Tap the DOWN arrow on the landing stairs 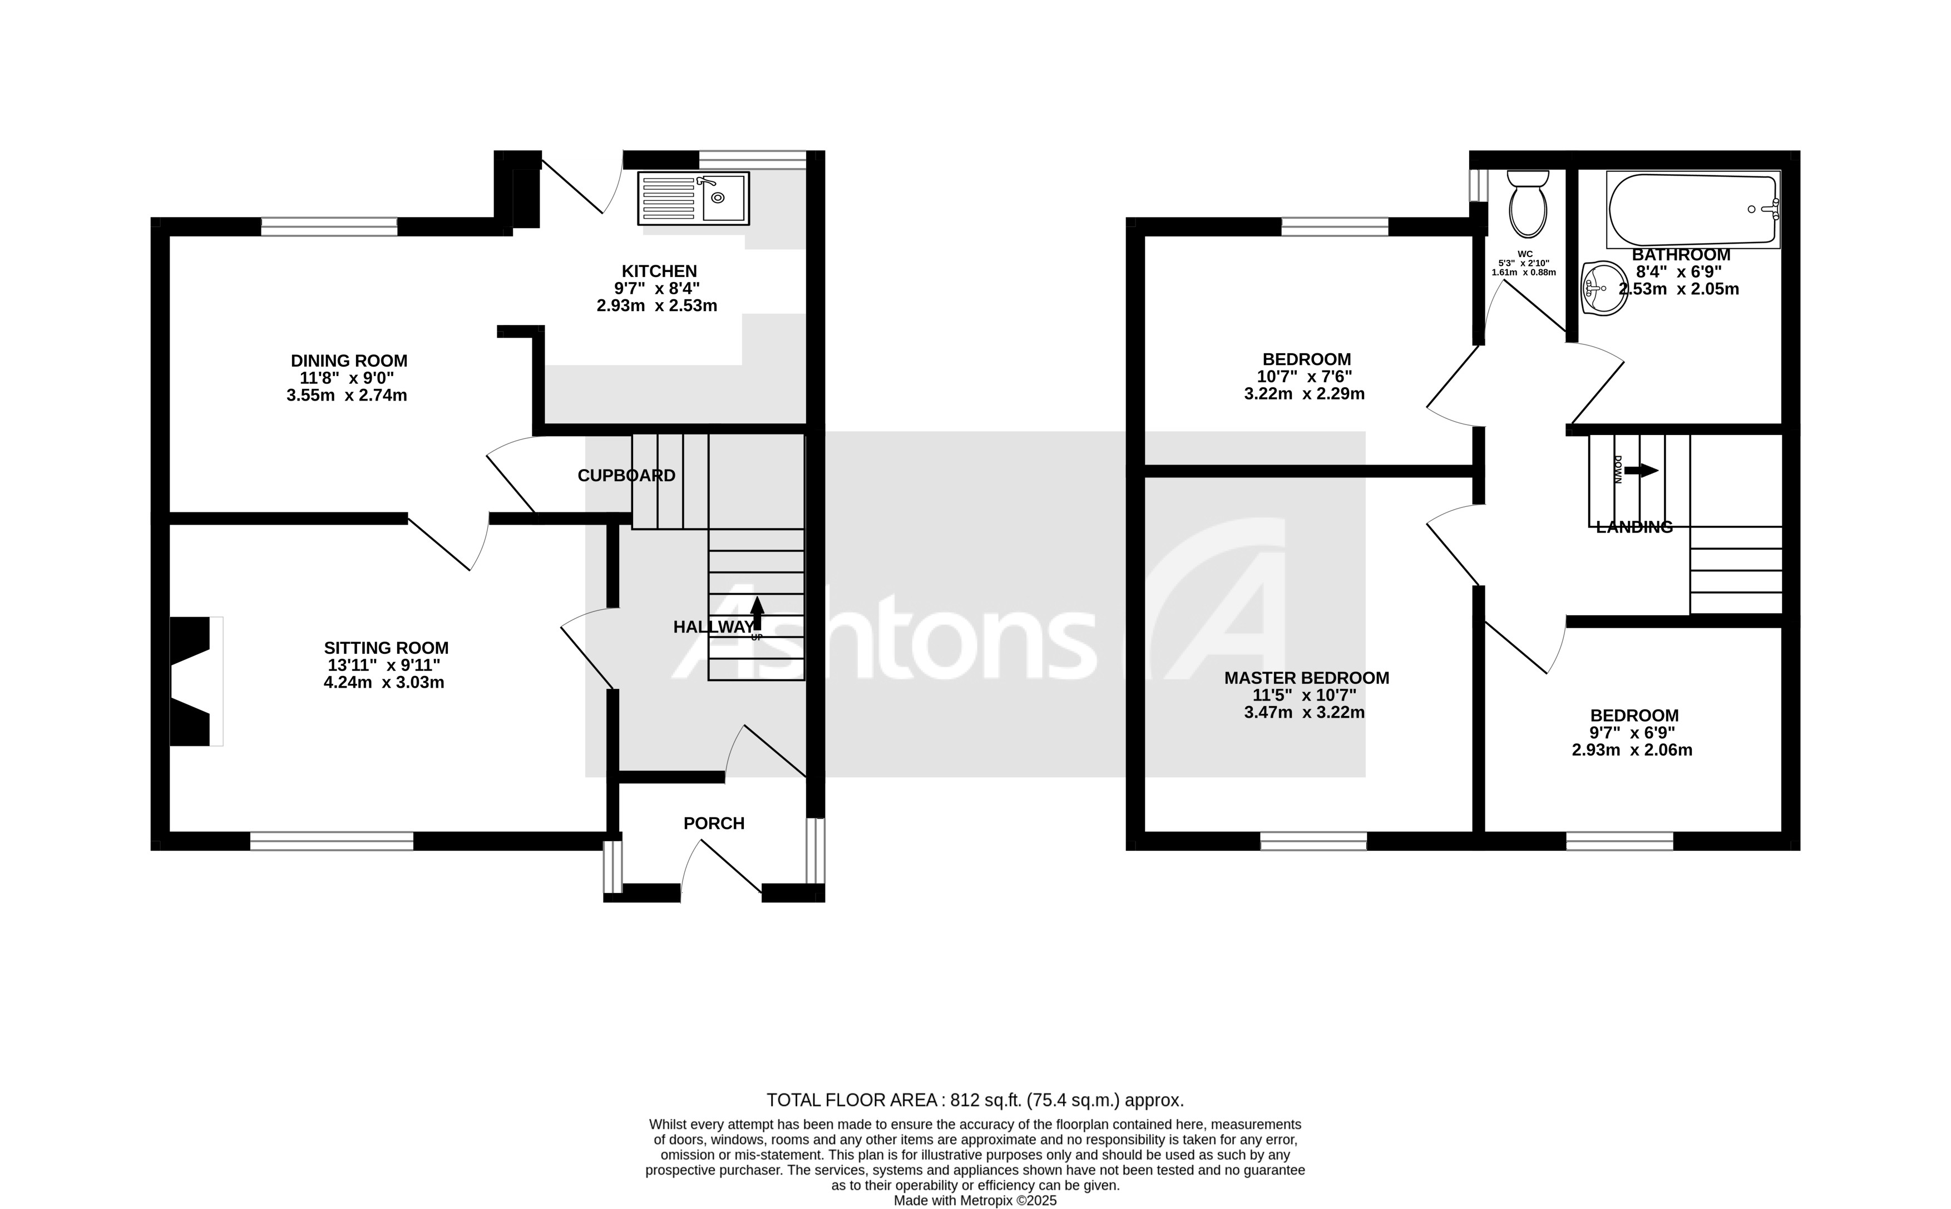point(1641,471)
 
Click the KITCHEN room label point(659,271)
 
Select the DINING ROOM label point(348,361)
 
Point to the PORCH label point(713,823)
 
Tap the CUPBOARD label point(626,476)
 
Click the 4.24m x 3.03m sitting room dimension point(384,683)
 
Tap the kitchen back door point(582,184)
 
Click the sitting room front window point(332,841)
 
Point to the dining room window point(328,227)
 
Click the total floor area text point(974,1101)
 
